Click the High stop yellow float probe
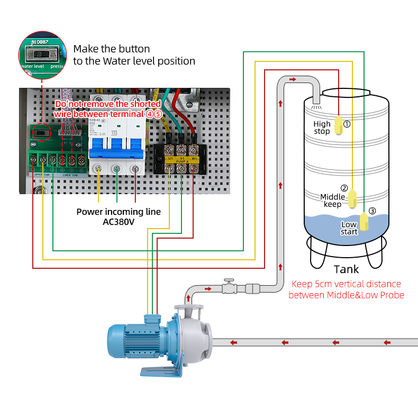(338, 125)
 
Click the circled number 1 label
(347, 124)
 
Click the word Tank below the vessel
(346, 269)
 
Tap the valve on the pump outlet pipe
(229, 286)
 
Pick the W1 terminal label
(194, 158)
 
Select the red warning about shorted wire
(108, 109)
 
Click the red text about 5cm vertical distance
(346, 289)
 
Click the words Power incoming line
(119, 212)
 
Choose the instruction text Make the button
(112, 49)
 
